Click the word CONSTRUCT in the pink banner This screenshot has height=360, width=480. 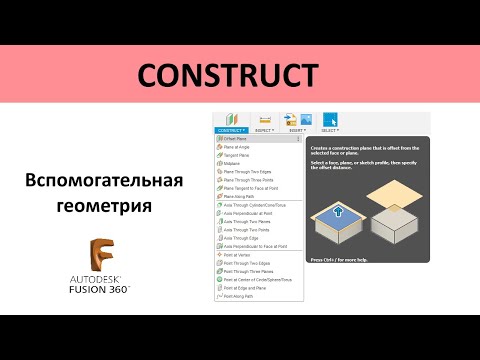(225, 75)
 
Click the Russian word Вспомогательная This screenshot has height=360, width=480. (104, 180)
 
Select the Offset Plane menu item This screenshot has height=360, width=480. (238, 138)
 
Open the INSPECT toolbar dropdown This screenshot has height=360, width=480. (265, 130)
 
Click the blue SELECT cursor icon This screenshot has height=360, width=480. (329, 119)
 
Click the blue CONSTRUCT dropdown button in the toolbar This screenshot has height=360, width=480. (231, 130)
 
